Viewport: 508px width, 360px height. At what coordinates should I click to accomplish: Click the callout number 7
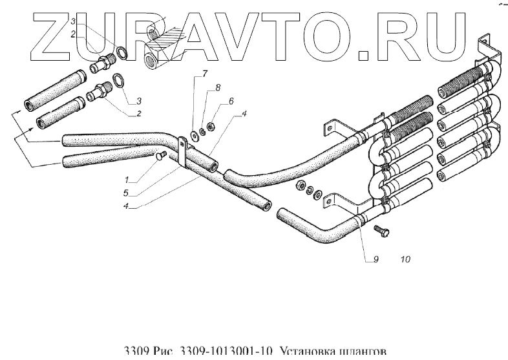tap(204, 73)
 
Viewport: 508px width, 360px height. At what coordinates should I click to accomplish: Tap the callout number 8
tap(218, 87)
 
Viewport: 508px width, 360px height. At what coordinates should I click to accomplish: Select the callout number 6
tap(230, 102)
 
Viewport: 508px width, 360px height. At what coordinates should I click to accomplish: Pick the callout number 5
tap(128, 192)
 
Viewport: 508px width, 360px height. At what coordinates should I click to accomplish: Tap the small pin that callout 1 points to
tap(161, 154)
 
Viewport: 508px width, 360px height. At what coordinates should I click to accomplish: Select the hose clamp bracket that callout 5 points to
tap(182, 153)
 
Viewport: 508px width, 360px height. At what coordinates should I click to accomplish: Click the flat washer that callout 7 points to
tap(194, 136)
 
